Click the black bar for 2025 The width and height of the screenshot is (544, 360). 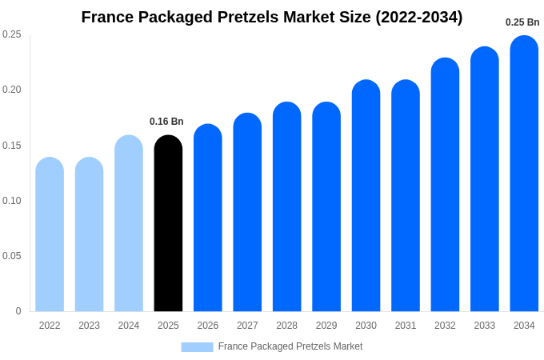[168, 223]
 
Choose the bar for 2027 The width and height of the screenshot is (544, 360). [247, 212]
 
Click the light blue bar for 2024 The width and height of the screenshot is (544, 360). [129, 223]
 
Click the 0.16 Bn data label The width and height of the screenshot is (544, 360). [166, 122]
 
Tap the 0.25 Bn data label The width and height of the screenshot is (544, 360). [522, 22]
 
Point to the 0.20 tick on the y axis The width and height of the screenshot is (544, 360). [12, 90]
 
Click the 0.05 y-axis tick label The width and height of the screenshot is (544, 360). [12, 256]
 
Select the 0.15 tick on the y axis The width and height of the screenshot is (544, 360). [12, 145]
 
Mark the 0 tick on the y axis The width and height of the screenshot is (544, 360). [18, 311]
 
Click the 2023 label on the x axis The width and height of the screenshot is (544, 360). [89, 326]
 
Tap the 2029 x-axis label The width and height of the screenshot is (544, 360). [326, 326]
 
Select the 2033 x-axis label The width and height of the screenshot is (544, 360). [484, 326]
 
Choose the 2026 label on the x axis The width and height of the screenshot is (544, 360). [208, 326]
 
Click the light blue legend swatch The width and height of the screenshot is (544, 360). [197, 347]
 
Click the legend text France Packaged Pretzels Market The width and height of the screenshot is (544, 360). [290, 346]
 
